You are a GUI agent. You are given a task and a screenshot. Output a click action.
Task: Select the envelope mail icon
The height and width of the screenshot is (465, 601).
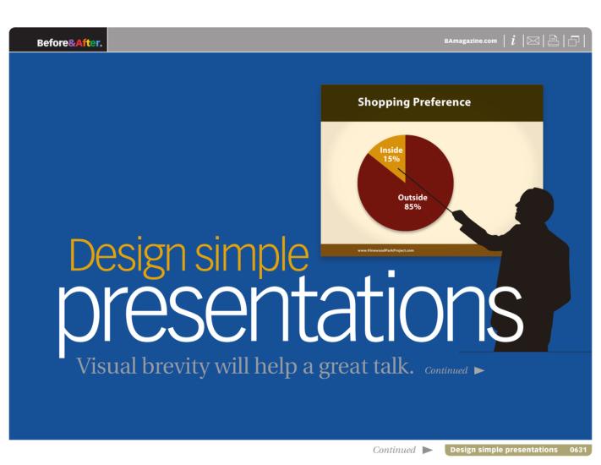pos(533,41)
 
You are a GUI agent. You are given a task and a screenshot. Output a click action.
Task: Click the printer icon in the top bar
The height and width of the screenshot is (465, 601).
pos(554,41)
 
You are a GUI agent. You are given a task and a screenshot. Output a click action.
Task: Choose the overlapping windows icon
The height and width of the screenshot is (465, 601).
pos(574,41)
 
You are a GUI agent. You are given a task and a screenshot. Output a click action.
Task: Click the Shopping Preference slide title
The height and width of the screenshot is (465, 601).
pos(414,102)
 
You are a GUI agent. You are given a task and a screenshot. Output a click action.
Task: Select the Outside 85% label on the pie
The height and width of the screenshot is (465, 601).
pos(413,202)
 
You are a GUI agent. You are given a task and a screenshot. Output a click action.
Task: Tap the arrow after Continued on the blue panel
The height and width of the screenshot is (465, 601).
pos(479,371)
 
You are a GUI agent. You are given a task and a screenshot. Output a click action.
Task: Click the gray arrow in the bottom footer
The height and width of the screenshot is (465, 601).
pos(428,450)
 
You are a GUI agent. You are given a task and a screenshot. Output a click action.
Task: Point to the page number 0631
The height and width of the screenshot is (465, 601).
pos(578,450)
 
